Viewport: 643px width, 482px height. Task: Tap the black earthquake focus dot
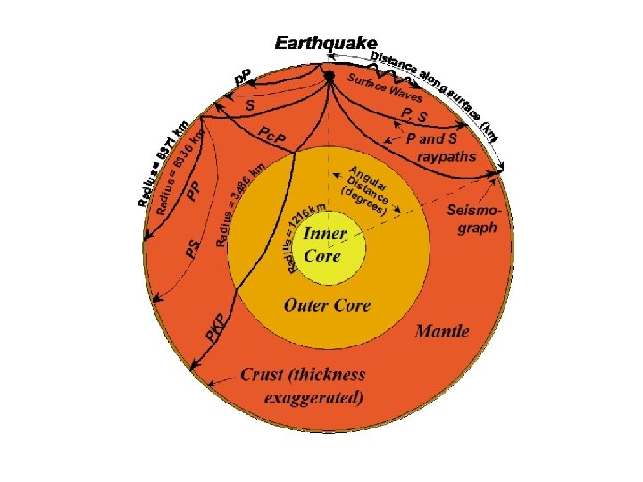pyautogui.click(x=330, y=77)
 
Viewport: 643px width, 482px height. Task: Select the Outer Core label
pyautogui.click(x=327, y=305)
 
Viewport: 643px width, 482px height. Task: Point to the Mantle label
pyautogui.click(x=442, y=331)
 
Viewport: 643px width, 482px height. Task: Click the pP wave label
pyautogui.click(x=242, y=78)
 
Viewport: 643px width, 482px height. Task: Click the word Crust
pyautogui.click(x=264, y=376)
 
